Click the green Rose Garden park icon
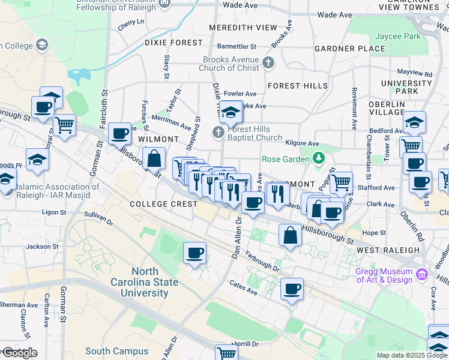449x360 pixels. [319, 159]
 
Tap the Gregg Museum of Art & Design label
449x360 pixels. [384, 275]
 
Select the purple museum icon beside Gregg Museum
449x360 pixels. [422, 275]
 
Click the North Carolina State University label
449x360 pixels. [144, 282]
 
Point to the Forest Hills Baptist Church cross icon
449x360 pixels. [218, 132]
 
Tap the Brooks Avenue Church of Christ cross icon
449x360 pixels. [268, 62]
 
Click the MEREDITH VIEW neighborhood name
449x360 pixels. [243, 28]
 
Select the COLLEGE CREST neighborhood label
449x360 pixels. [164, 204]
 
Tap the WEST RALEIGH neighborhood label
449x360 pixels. [388, 250]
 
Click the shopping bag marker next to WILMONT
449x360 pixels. [154, 159]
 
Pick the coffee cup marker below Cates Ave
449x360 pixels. [292, 289]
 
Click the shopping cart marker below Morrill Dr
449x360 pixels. [227, 353]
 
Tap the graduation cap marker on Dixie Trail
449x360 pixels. [231, 111]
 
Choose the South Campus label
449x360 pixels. [116, 352]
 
